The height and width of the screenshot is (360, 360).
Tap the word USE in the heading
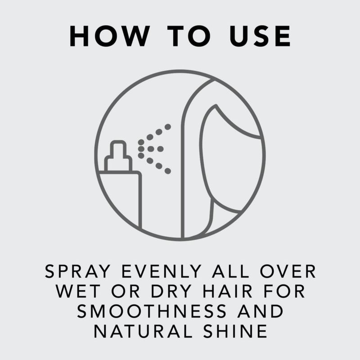click(x=260, y=36)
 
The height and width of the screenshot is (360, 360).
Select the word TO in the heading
click(x=189, y=36)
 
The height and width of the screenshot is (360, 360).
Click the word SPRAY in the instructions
click(x=77, y=271)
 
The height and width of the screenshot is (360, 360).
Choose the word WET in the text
click(x=78, y=291)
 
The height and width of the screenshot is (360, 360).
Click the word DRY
click(x=171, y=291)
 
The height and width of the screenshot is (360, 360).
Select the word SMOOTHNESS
click(x=152, y=311)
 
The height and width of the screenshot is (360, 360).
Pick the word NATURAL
click(x=143, y=331)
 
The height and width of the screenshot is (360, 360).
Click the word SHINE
click(x=235, y=331)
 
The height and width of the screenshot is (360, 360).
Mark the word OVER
click(x=288, y=271)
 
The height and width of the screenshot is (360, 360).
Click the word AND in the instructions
click(x=260, y=311)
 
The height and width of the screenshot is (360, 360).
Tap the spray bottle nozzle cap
click(x=118, y=156)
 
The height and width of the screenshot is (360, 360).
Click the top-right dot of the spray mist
click(x=168, y=127)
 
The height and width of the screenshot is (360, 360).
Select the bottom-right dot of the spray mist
click(x=168, y=171)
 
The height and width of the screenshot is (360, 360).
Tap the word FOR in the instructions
click(x=284, y=291)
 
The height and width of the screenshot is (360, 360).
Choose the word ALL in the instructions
click(x=230, y=271)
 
